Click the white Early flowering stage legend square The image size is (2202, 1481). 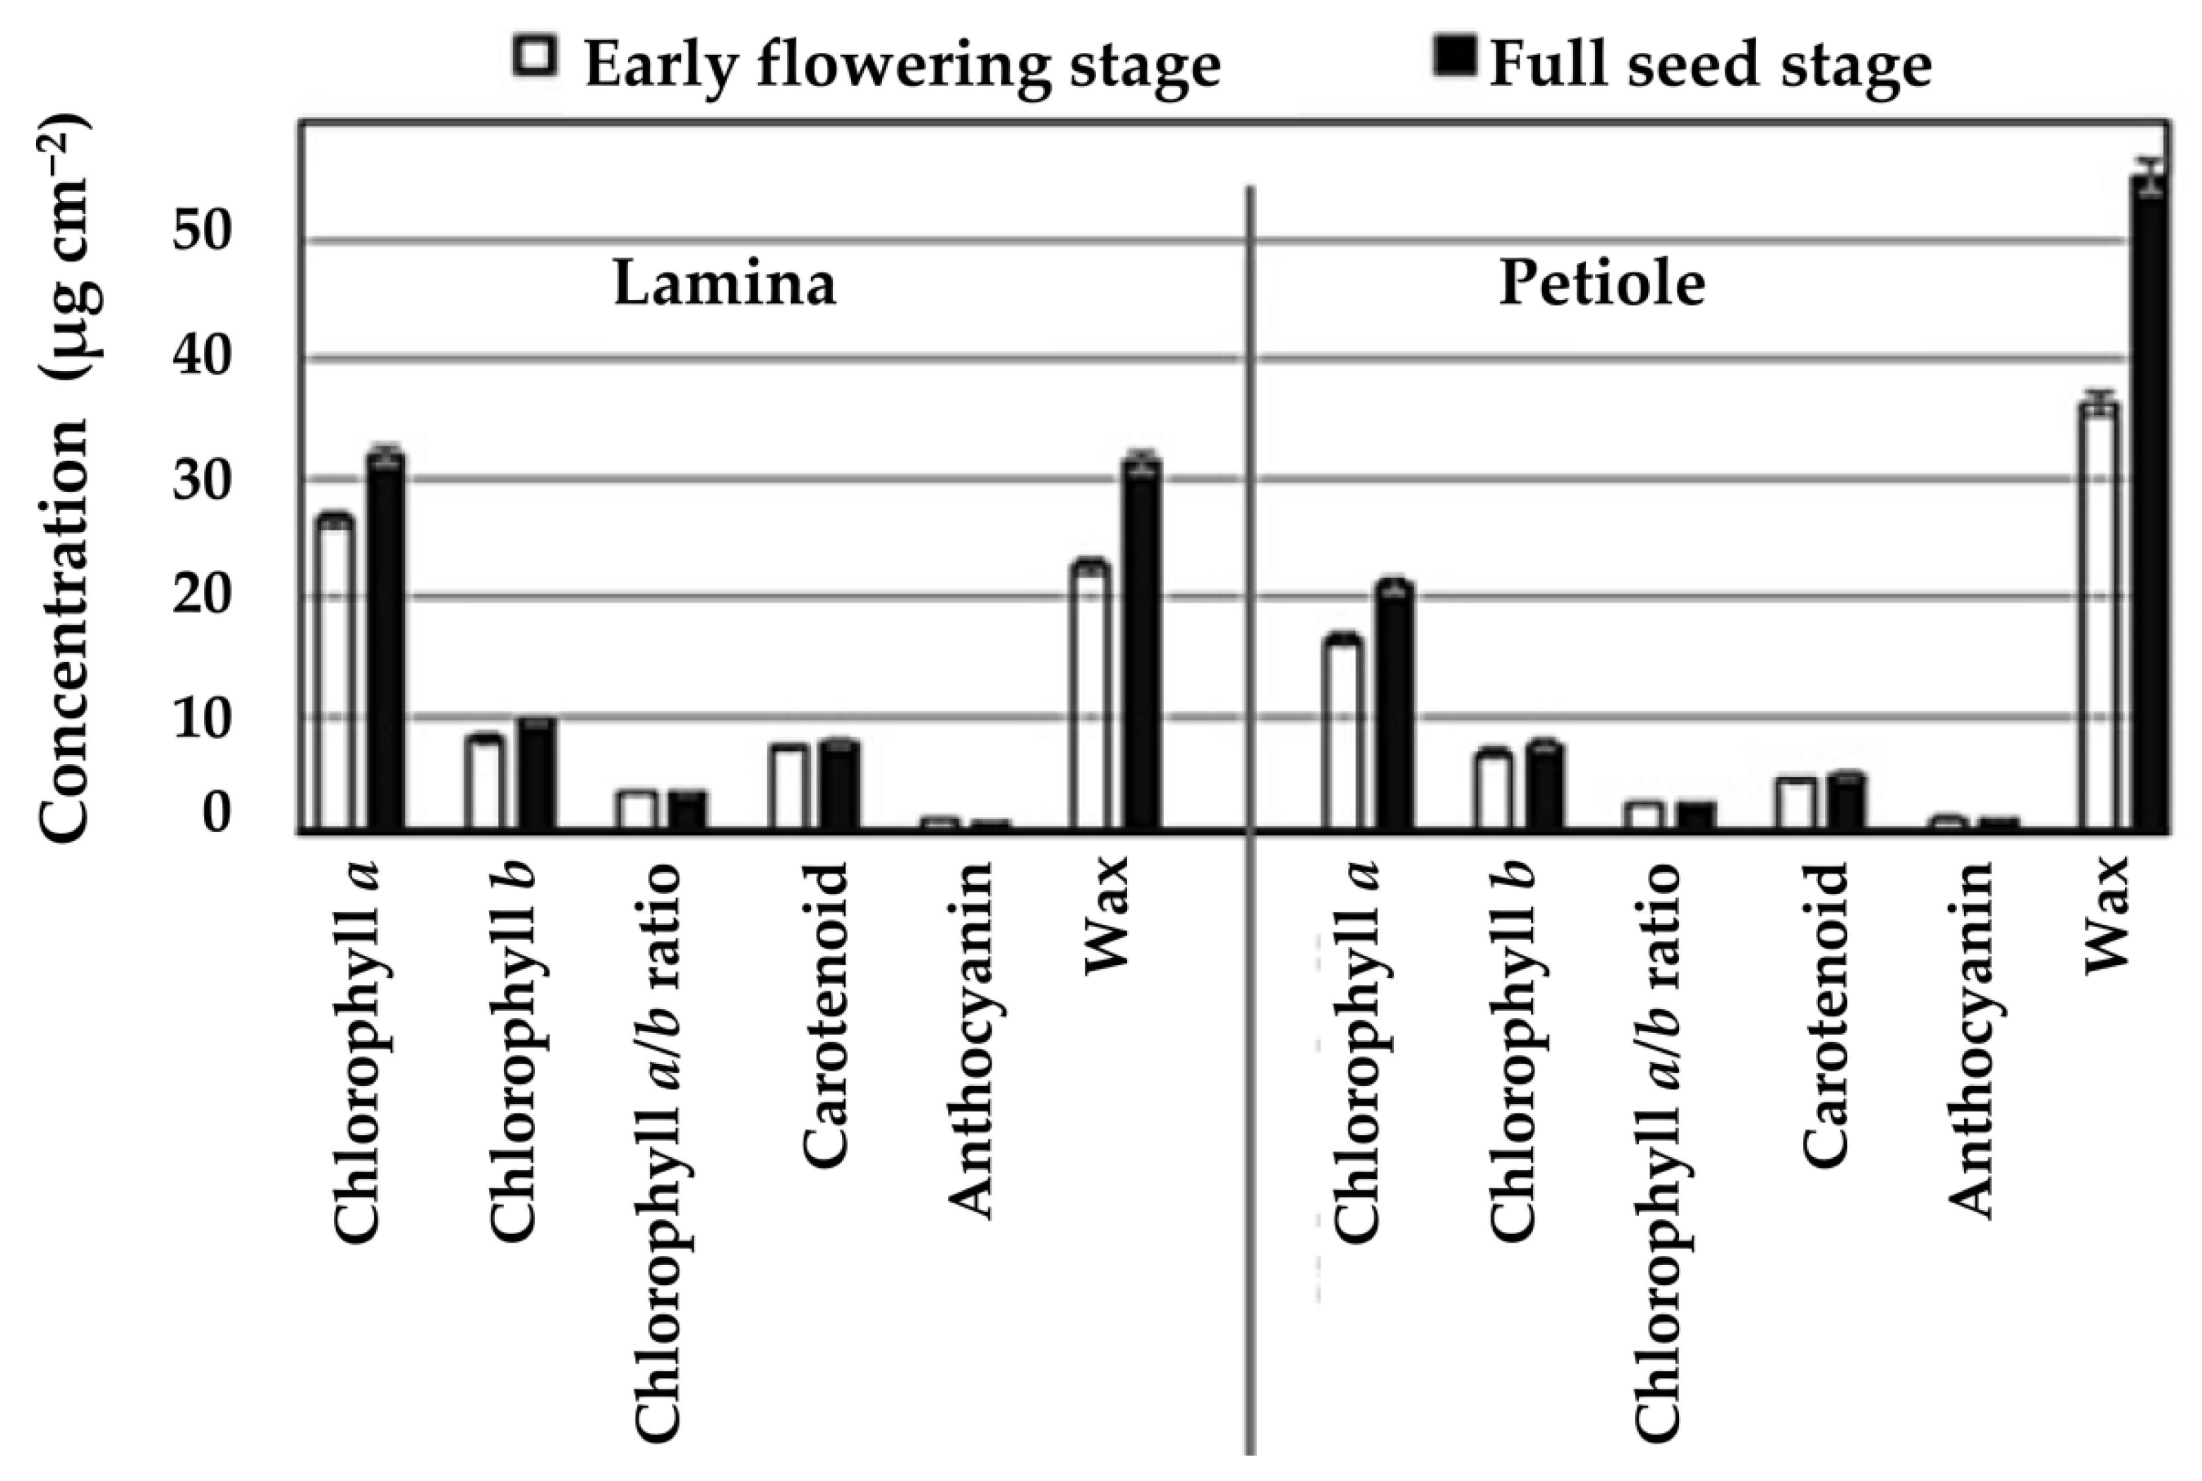(535, 56)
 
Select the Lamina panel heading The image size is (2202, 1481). (725, 282)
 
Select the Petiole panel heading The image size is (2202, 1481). (1602, 282)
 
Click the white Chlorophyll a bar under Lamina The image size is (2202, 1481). (335, 675)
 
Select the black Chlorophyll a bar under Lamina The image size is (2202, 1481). (386, 642)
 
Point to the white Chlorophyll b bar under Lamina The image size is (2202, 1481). (485, 784)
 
